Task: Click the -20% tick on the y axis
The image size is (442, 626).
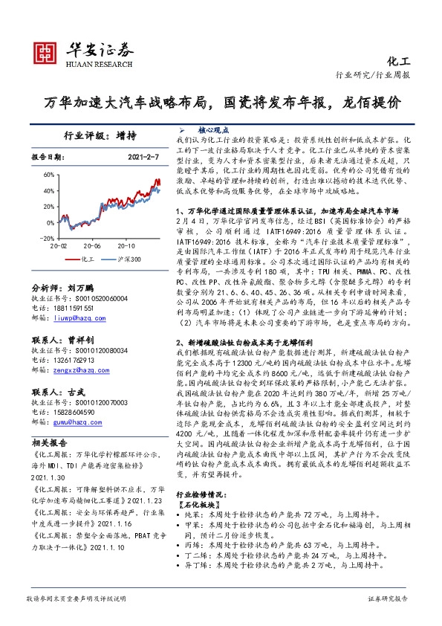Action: [48, 238]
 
